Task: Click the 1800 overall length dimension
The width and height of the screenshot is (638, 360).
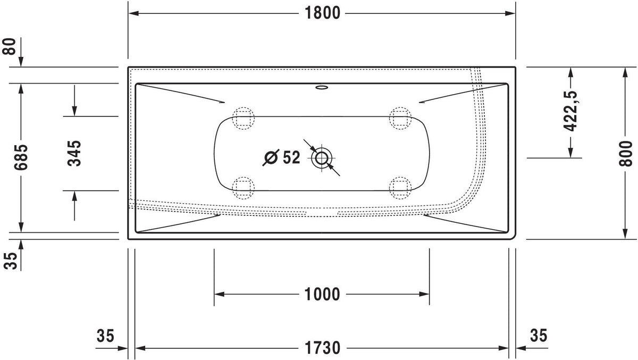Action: (x=322, y=13)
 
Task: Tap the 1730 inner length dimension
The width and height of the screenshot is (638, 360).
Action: (x=322, y=348)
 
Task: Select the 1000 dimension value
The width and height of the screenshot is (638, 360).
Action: (x=322, y=294)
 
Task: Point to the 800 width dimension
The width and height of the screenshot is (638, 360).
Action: (x=625, y=154)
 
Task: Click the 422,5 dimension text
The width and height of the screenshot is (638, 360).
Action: (x=570, y=111)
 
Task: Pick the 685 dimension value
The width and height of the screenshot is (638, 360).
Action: (x=21, y=157)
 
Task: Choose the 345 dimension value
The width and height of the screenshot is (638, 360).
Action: (x=74, y=153)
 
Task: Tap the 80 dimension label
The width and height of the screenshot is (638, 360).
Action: (x=9, y=46)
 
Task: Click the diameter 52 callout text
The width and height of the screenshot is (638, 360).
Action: (x=281, y=157)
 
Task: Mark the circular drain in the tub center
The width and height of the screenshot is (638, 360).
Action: (x=322, y=158)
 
